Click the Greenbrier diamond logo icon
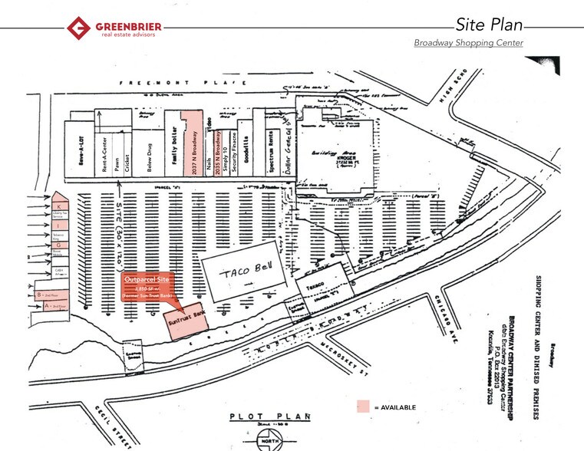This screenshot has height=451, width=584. [x=78, y=28]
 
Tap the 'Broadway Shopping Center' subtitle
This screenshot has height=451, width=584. [x=468, y=43]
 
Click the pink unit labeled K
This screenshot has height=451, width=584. [x=58, y=207]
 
